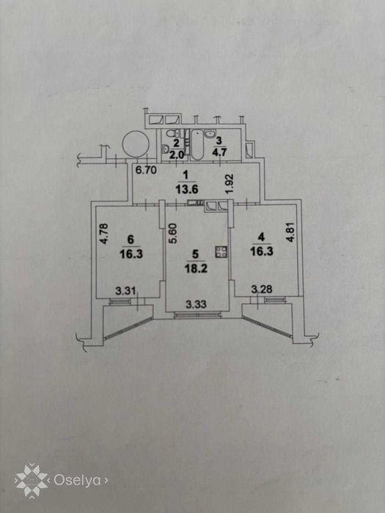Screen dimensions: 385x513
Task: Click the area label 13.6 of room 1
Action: (186, 189)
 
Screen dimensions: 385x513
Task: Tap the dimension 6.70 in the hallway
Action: (146, 170)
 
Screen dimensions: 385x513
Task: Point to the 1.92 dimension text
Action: (230, 183)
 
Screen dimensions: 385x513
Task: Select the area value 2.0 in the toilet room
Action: (177, 155)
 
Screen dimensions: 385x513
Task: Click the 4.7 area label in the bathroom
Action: (219, 152)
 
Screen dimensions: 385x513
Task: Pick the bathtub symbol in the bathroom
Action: (197, 145)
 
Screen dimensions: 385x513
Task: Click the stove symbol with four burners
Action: (221, 251)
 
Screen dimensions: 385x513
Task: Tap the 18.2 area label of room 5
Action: (196, 269)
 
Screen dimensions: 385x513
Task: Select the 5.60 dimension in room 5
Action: (173, 233)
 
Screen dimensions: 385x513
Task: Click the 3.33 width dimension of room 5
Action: (196, 305)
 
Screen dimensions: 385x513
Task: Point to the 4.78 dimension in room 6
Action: (104, 234)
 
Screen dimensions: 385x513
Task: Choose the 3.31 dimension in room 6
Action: (126, 290)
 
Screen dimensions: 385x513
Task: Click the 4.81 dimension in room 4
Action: (290, 232)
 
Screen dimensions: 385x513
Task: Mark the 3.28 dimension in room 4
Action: (262, 289)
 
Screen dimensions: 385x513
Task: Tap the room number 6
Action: (131, 240)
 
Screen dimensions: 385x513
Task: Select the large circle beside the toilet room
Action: (136, 144)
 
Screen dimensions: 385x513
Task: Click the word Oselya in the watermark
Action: (77, 480)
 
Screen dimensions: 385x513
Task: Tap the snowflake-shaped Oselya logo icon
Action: (32, 481)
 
